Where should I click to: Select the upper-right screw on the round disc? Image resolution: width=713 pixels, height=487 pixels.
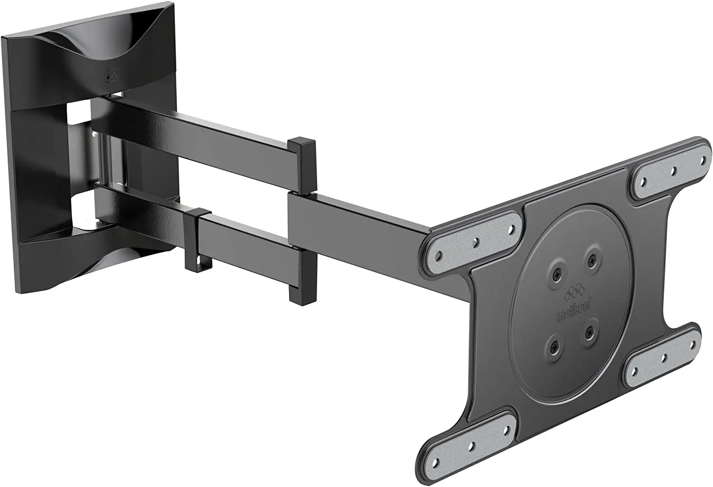click(x=591, y=260)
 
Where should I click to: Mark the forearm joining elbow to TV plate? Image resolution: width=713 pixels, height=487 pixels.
click(x=361, y=214)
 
